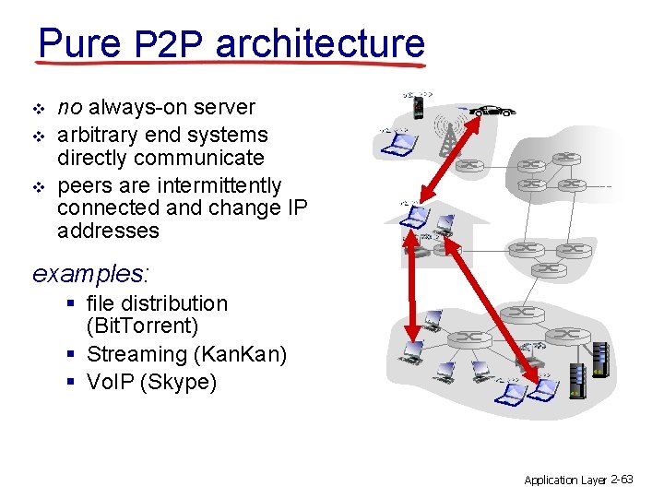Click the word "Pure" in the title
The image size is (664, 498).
tap(78, 42)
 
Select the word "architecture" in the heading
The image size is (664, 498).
tap(319, 42)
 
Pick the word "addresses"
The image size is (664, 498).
tap(108, 231)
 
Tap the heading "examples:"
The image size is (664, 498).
tap(91, 274)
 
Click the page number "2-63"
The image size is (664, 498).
tap(622, 480)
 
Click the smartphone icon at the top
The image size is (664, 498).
tap(417, 109)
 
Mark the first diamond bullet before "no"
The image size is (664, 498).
tap(37, 109)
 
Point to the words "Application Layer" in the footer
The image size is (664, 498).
tap(564, 480)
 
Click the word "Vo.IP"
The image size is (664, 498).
tap(108, 382)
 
